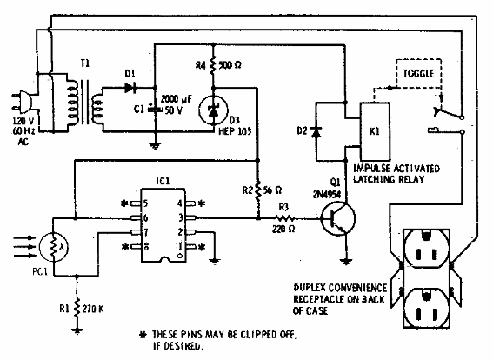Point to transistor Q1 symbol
coord(338,221)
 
